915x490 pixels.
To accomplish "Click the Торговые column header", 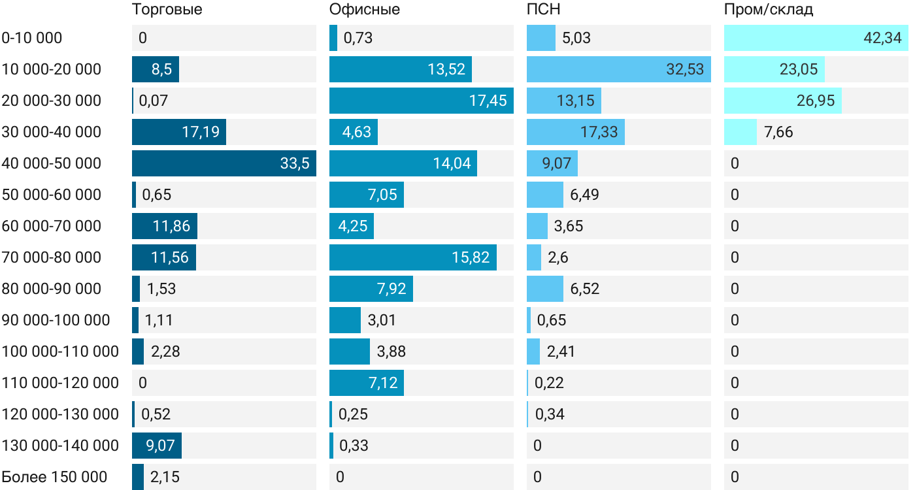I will [167, 9].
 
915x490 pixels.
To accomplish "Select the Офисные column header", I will [365, 9].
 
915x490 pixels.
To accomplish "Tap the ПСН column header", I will [544, 9].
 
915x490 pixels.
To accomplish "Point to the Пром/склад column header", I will [768, 9].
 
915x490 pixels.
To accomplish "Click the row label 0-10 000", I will [32, 38].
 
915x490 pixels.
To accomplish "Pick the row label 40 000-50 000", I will [52, 163].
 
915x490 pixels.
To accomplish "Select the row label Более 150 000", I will [54, 477].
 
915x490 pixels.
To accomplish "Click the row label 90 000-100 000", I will [56, 320].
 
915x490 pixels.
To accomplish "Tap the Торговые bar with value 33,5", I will [224, 163].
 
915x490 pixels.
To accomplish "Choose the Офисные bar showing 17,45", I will [421, 101].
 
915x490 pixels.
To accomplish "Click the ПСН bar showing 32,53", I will [618, 69].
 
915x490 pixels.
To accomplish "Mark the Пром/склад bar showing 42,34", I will [816, 38].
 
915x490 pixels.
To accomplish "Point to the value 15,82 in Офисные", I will [471, 257].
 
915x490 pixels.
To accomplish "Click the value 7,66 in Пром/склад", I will [778, 132].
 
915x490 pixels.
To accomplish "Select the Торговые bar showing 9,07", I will [157, 446].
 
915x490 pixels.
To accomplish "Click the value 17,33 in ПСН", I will [599, 132].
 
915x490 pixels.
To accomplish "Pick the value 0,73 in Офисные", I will [358, 38].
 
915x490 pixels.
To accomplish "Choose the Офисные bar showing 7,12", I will [367, 383].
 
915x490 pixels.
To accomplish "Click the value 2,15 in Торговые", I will [165, 477].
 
